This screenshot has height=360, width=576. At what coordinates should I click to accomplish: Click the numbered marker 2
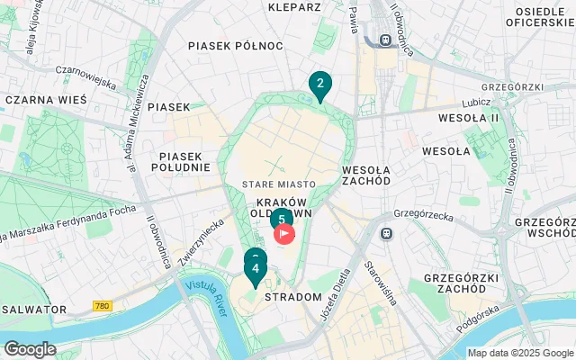tap(319, 85)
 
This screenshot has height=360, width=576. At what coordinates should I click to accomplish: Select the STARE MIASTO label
tap(278, 184)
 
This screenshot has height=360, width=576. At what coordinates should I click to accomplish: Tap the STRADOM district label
tap(293, 296)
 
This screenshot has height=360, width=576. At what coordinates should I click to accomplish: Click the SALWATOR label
tap(34, 309)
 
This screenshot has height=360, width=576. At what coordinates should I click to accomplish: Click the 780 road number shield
tap(103, 307)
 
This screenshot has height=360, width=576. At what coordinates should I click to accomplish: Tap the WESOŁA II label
tap(468, 118)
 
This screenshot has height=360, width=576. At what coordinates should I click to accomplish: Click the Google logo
tap(30, 349)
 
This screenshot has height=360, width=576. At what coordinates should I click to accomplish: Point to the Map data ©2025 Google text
tap(520, 353)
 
